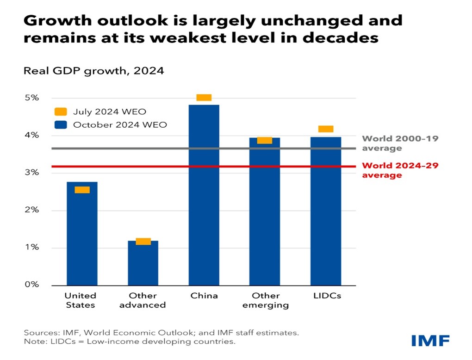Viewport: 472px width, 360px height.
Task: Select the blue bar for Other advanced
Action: pyautogui.click(x=143, y=264)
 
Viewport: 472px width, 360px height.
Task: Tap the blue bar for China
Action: pyautogui.click(x=204, y=194)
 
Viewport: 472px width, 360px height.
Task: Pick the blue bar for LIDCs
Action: pyautogui.click(x=325, y=211)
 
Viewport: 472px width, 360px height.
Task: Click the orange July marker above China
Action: pyautogui.click(x=204, y=97)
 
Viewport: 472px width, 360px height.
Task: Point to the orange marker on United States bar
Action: pyautogui.click(x=82, y=190)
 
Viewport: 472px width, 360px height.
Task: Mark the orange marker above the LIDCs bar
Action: pyautogui.click(x=325, y=129)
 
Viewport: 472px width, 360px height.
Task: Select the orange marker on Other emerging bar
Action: pyautogui.click(x=265, y=140)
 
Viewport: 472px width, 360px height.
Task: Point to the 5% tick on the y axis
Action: pyautogui.click(x=32, y=98)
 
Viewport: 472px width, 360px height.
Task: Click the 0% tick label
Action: pyautogui.click(x=32, y=285)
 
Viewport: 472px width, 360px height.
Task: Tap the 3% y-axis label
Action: pyautogui.click(x=32, y=173)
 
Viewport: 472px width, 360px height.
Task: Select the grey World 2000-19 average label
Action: pyautogui.click(x=400, y=143)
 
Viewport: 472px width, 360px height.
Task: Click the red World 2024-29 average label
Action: pyautogui.click(x=400, y=170)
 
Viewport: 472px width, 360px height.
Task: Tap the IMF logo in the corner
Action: pyautogui.click(x=430, y=341)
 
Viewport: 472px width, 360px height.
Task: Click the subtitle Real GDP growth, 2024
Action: pyautogui.click(x=93, y=71)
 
